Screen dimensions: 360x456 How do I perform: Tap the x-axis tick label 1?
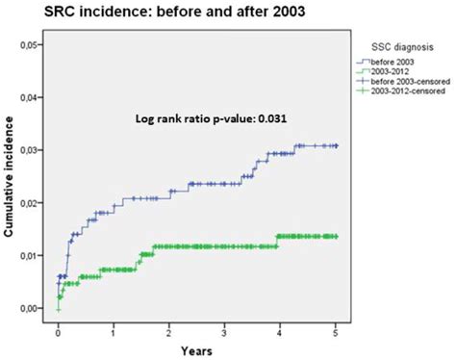pos(114,330)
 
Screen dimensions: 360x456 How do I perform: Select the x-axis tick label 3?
pos(224,330)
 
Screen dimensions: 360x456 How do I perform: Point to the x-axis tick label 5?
pos(335,330)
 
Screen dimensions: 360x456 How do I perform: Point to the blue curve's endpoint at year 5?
pos(335,145)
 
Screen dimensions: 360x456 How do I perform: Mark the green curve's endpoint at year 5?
pos(335,236)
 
